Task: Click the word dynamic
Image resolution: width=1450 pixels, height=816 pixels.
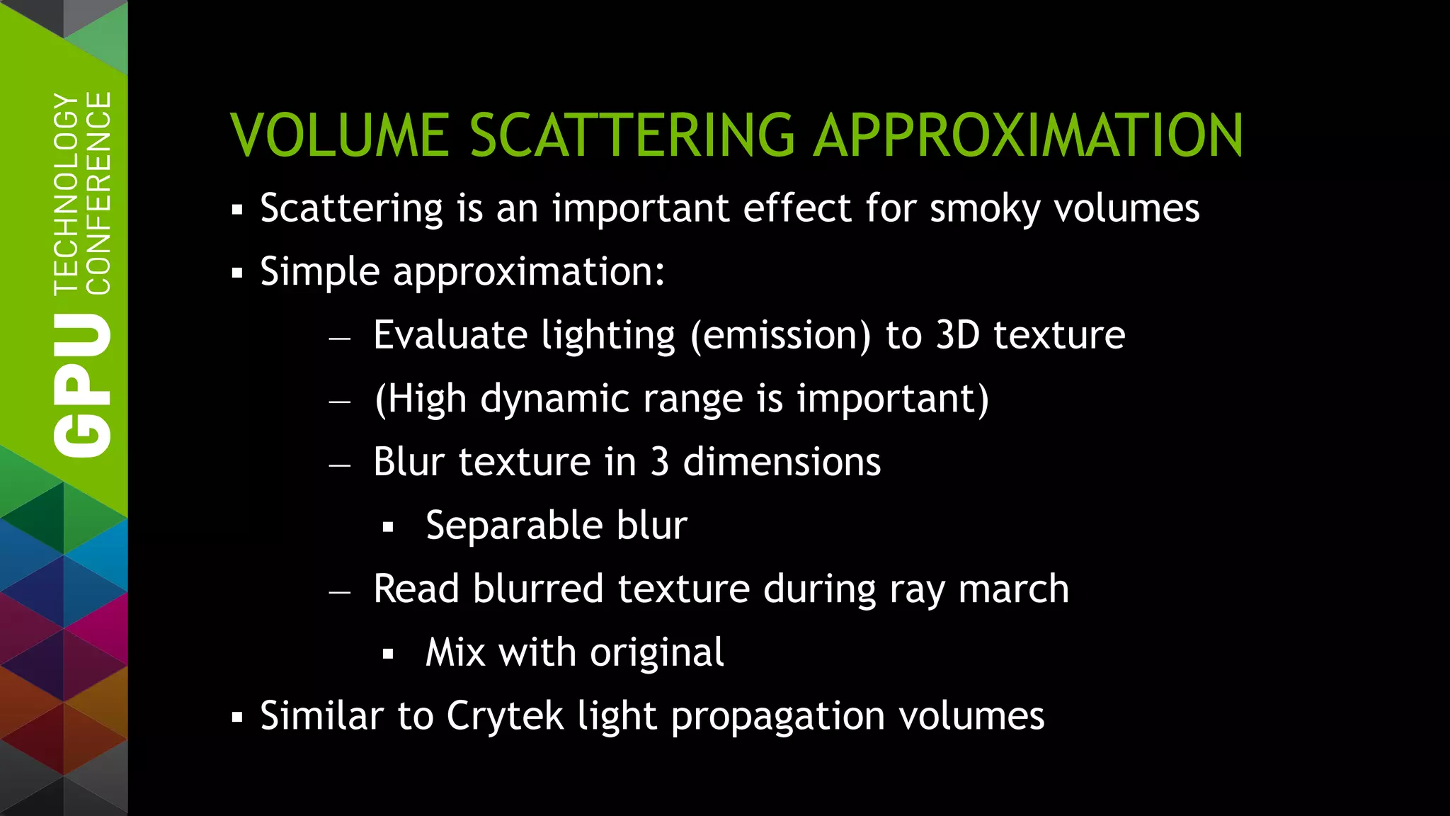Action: tap(554, 399)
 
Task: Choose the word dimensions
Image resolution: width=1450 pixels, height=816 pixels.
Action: tap(782, 462)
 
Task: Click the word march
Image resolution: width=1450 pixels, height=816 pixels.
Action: tap(1013, 589)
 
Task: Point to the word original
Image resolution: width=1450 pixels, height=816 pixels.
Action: tap(657, 652)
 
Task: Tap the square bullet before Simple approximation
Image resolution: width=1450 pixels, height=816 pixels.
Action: tap(237, 273)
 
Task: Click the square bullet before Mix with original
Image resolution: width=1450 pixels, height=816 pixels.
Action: tap(387, 654)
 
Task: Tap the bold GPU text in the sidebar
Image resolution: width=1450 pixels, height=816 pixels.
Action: tap(82, 386)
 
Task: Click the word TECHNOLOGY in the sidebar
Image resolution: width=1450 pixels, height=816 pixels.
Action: tap(67, 193)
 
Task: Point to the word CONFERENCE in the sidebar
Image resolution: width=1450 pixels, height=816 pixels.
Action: tap(98, 193)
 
